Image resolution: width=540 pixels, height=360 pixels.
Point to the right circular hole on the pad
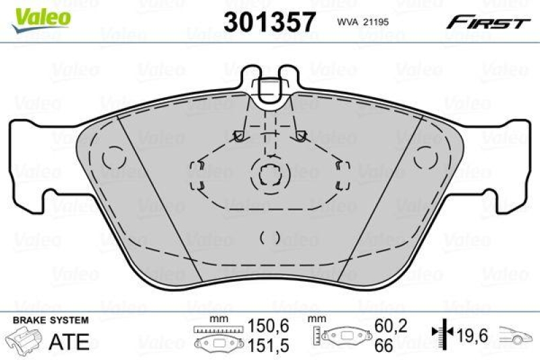pyautogui.click(x=426, y=157)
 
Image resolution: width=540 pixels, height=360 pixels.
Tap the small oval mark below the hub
pyautogui.click(x=270, y=237)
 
